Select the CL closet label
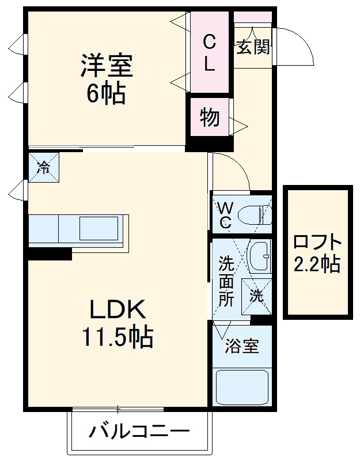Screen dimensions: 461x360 (x=210, y=52)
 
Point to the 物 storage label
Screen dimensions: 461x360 (x=210, y=117)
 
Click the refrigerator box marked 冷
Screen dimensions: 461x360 (x=44, y=168)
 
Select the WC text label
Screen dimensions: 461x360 (x=225, y=214)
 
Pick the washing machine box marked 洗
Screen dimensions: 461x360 (x=256, y=296)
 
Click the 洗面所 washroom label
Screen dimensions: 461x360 (x=226, y=283)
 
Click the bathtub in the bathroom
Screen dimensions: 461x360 (x=241, y=388)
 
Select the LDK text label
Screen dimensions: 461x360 (x=116, y=312)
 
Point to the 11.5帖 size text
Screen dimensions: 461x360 (x=117, y=337)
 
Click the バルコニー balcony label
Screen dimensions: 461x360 (x=139, y=431)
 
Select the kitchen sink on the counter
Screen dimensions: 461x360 (x=98, y=228)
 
